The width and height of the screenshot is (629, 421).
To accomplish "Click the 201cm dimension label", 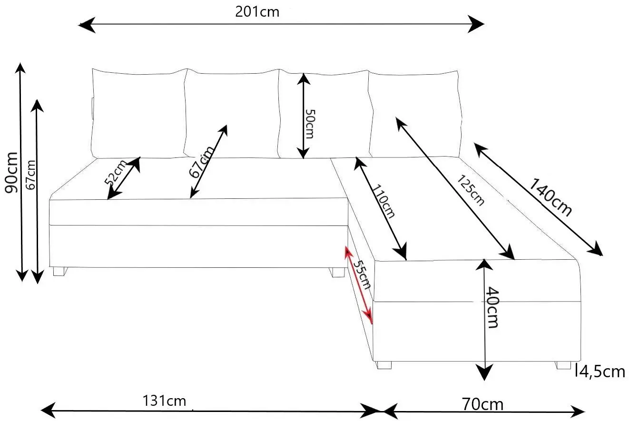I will (257, 12).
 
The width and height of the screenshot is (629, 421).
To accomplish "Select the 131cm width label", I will (164, 401).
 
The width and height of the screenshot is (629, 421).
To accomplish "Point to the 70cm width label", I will (482, 404).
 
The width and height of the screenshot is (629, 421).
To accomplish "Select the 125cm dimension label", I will (471, 190).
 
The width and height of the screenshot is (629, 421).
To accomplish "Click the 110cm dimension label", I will (384, 203).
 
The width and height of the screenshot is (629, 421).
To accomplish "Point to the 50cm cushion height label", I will (310, 124).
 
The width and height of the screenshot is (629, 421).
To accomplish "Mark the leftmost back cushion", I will (138, 114).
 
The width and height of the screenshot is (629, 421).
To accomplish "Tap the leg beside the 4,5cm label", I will (563, 365).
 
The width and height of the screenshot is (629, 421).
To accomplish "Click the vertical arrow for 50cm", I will (303, 116).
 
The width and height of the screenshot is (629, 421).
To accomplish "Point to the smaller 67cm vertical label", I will (31, 175).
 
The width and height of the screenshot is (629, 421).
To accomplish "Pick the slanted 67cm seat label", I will (202, 162).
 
